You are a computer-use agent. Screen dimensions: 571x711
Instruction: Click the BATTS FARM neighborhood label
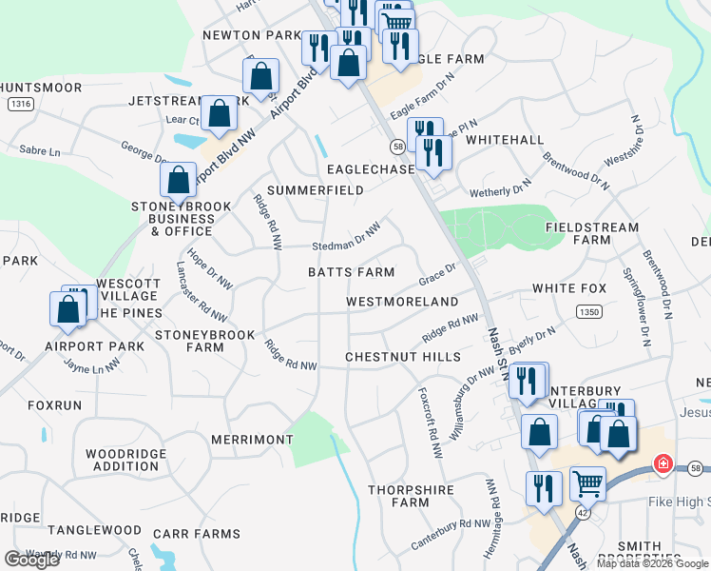pos(351,272)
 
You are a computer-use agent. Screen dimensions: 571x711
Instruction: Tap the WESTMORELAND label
pos(402,302)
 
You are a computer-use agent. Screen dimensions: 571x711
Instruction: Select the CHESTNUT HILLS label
pos(402,357)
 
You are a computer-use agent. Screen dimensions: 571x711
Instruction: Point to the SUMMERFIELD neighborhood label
pos(315,190)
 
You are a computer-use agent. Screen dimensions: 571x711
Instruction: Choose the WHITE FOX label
pos(568,288)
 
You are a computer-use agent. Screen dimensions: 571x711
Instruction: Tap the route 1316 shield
pos(18,102)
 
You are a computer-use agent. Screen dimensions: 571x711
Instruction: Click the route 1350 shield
pos(588,311)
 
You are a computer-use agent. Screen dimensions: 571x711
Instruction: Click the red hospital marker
pos(662,464)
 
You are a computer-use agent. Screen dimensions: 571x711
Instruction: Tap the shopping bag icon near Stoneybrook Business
pos(178,178)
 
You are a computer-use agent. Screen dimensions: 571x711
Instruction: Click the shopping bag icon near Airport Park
pos(67,309)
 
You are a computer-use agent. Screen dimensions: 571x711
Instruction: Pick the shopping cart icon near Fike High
pos(587,483)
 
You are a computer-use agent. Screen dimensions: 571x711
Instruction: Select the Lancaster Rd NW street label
pos(202,293)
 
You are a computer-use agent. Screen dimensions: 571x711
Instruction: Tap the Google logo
pos(31,560)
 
